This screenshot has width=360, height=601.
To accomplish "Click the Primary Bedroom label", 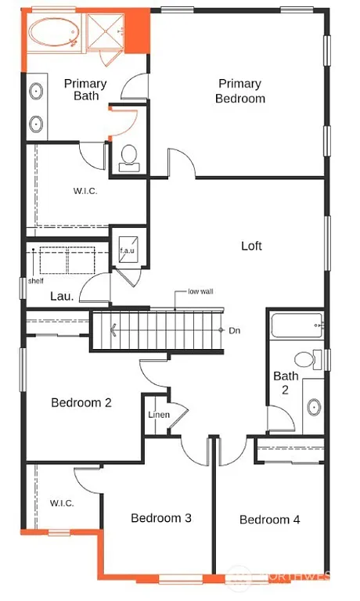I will [x=241, y=91].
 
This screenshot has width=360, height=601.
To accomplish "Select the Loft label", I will [x=250, y=246].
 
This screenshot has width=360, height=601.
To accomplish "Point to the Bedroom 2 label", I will [x=81, y=402].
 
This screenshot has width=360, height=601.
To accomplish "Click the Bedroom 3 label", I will [x=161, y=518].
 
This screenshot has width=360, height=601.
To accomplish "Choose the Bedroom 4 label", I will [x=269, y=520].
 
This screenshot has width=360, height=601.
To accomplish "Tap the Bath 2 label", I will [x=286, y=383].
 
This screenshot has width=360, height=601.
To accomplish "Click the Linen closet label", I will [x=159, y=414].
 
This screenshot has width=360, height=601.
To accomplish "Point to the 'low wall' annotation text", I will [x=200, y=292].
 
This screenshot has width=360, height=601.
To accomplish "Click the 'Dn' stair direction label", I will [x=234, y=330].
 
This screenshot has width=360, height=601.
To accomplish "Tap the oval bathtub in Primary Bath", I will [x=54, y=34].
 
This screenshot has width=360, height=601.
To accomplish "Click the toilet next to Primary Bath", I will [x=129, y=157].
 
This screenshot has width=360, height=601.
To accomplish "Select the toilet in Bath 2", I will [x=315, y=359].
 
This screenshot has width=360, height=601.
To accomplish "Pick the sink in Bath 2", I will [x=314, y=408].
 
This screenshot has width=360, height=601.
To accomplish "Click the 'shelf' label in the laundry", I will [x=34, y=281].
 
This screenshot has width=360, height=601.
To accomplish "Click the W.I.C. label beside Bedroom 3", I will [x=62, y=503].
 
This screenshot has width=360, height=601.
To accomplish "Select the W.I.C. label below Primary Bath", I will [x=85, y=191].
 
